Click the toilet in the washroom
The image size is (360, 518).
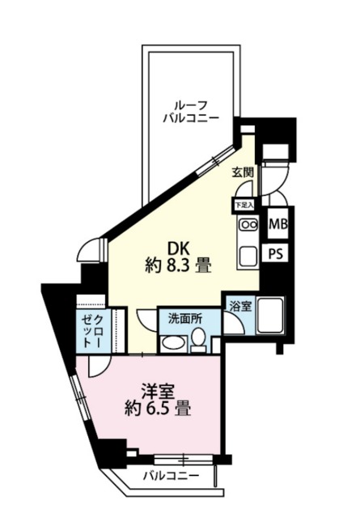pos(197,343)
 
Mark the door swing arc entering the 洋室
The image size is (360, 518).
pos(97,366)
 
